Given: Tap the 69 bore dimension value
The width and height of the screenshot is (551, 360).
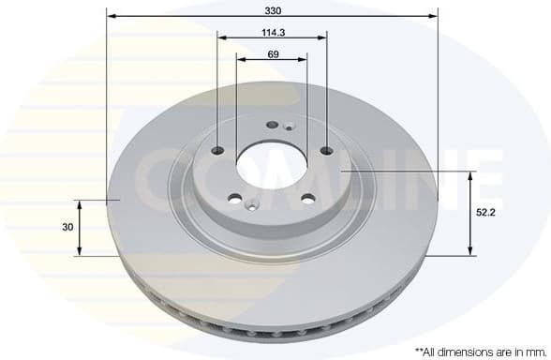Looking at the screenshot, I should pos(272,53).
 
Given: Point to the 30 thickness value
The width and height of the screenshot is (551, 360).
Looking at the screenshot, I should pos(67,227).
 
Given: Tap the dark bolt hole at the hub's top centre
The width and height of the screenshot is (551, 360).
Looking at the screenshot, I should pos(273,125).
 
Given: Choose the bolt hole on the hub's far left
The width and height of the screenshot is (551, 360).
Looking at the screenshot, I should pos(217,152).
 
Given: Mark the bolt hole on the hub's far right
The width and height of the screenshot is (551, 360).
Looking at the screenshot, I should pos(326,151).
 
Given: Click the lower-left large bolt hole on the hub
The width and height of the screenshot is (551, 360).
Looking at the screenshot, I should pos(235,199).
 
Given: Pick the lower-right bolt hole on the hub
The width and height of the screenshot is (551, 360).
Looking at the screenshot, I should pos(306,198).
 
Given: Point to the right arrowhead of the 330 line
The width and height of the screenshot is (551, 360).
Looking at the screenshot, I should pos(435,15).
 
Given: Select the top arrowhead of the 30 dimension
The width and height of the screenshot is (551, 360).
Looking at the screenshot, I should pos(81,202).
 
